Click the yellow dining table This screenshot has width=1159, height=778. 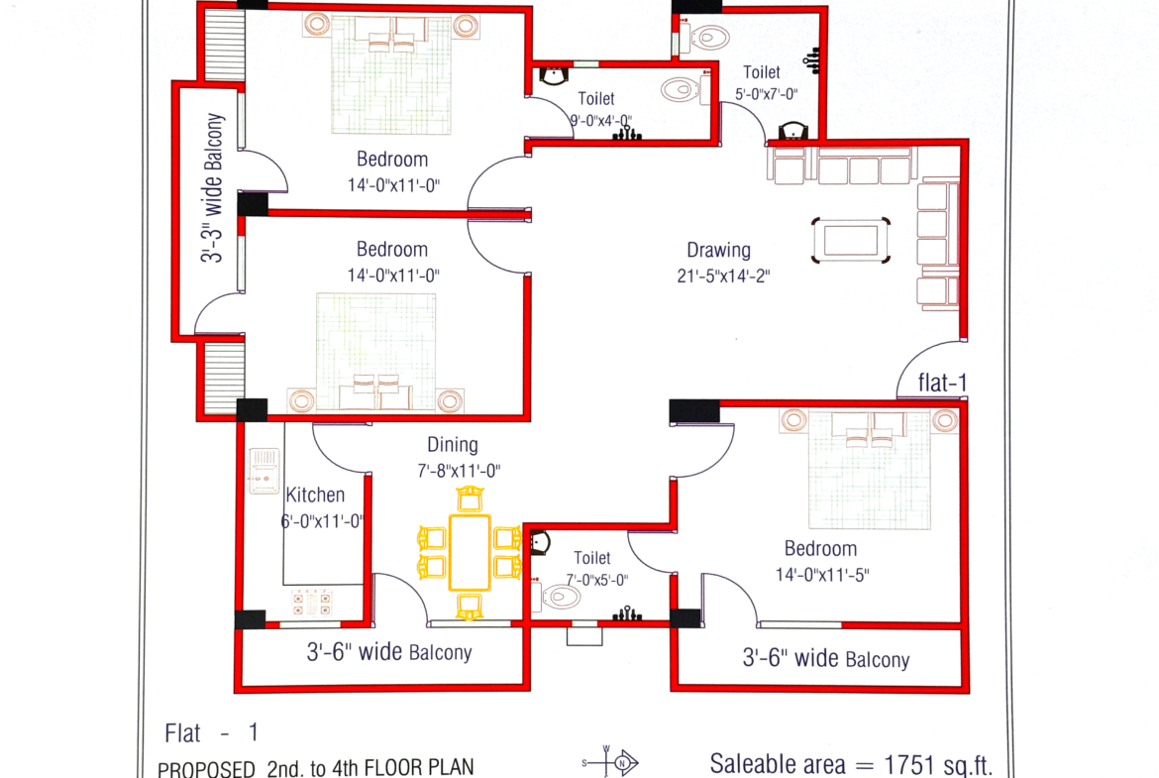(470, 552)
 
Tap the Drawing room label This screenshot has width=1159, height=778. (718, 250)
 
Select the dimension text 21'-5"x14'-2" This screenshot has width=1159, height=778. (724, 276)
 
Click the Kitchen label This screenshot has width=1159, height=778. (315, 495)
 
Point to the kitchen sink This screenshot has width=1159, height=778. (263, 471)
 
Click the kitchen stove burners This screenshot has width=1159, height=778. (311, 602)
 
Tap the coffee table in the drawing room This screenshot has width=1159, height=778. (851, 241)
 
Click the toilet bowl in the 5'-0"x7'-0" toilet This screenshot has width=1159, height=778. (707, 37)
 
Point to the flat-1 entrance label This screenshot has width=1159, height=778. (942, 383)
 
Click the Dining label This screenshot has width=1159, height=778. (453, 444)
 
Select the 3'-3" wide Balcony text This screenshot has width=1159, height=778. (212, 188)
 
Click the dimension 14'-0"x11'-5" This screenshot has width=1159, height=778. (822, 575)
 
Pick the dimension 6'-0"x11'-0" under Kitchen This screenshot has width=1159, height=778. (322, 521)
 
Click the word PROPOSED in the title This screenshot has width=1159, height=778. (206, 769)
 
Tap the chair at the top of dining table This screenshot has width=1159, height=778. (470, 500)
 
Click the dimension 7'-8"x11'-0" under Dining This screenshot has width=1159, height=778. (459, 471)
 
